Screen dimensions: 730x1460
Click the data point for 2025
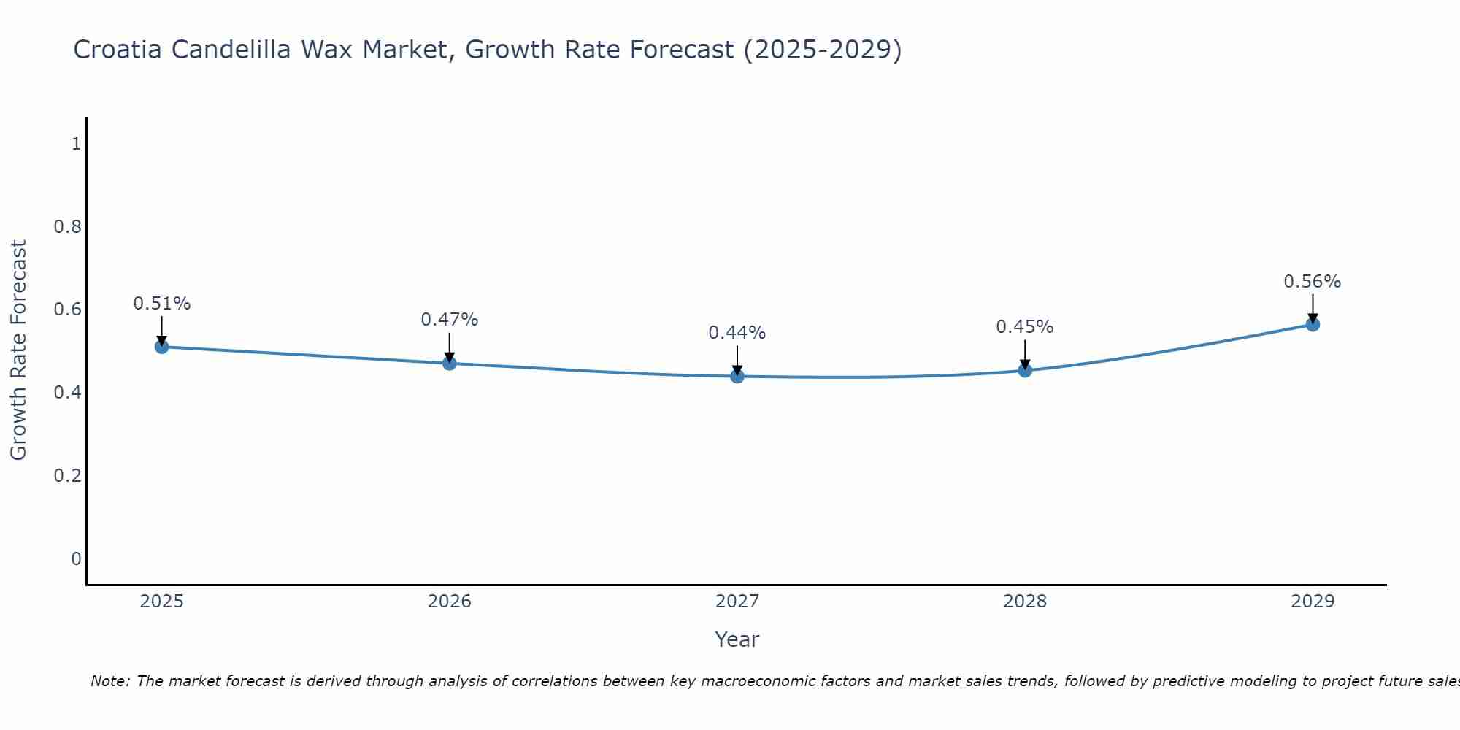pyautogui.click(x=162, y=347)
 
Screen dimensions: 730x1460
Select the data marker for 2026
pyautogui.click(x=450, y=363)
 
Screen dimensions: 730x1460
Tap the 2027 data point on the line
pyautogui.click(x=737, y=376)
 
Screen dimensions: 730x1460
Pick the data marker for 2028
pyautogui.click(x=1025, y=370)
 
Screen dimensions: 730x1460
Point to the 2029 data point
pyautogui.click(x=1313, y=324)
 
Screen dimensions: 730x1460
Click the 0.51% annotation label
pyautogui.click(x=162, y=304)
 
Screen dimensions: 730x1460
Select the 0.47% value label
pyautogui.click(x=450, y=320)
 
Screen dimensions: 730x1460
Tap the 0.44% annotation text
pyautogui.click(x=737, y=333)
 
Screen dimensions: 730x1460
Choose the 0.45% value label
pyautogui.click(x=1025, y=327)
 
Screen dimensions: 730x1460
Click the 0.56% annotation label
pyautogui.click(x=1313, y=282)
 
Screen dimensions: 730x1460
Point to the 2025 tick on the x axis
pyautogui.click(x=162, y=602)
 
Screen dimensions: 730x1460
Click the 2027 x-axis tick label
pyautogui.click(x=737, y=602)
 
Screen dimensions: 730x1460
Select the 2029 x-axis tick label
pyautogui.click(x=1313, y=602)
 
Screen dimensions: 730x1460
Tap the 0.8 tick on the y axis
pyautogui.click(x=67, y=227)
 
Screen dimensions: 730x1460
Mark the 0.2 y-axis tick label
pyautogui.click(x=67, y=476)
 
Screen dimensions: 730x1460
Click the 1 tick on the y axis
pyautogui.click(x=76, y=144)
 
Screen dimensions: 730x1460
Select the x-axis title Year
pyautogui.click(x=737, y=639)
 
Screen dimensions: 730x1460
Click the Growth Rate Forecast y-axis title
pyautogui.click(x=19, y=350)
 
